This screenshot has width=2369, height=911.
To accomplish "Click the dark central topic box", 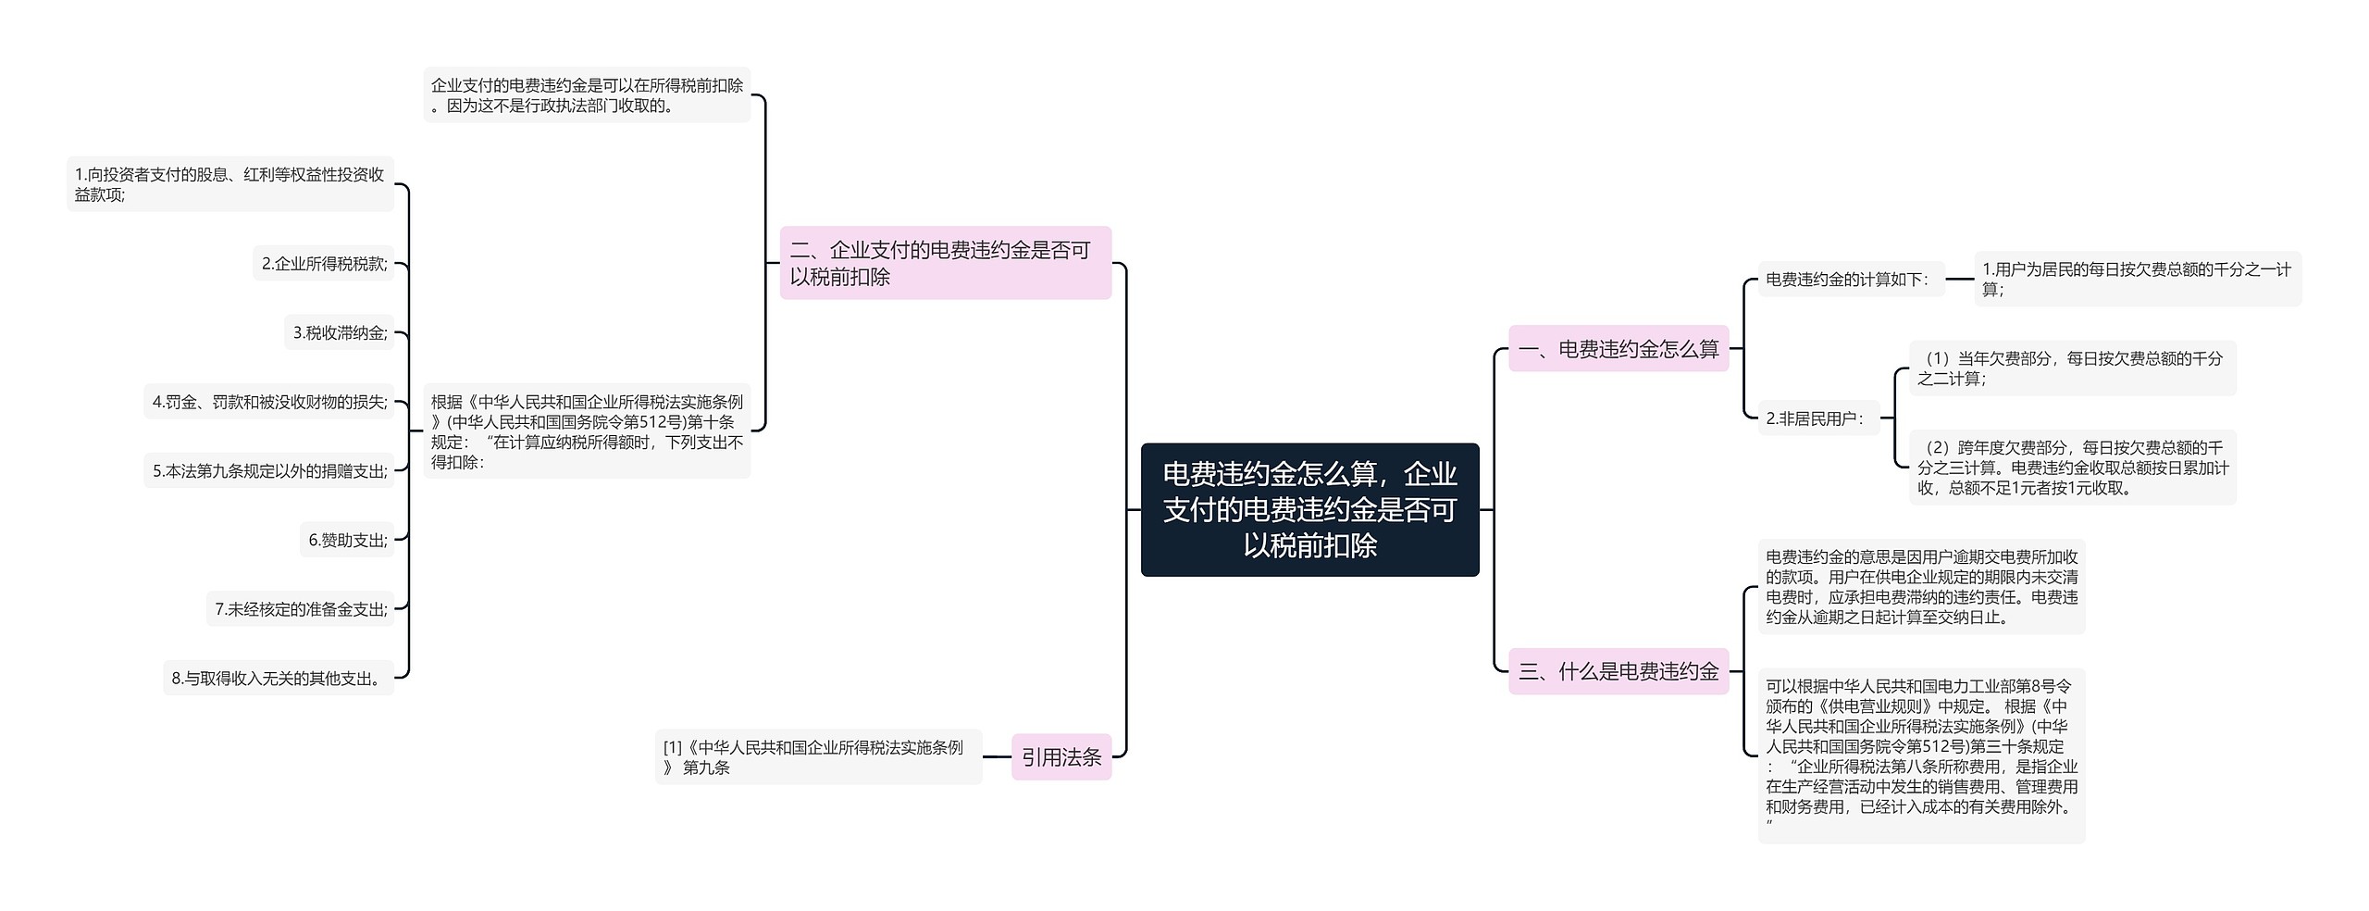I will (x=1309, y=509).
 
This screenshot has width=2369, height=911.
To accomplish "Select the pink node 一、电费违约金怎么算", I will (x=1618, y=349).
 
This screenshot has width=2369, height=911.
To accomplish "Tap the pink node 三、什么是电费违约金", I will (x=1618, y=671).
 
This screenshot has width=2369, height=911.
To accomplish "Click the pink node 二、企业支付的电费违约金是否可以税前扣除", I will (x=945, y=263).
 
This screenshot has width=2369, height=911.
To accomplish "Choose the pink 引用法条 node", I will (x=1060, y=757).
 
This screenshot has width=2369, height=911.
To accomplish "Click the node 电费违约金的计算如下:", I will (x=1850, y=279).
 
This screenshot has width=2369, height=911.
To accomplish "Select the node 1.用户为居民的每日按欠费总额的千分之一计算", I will (x=2137, y=279).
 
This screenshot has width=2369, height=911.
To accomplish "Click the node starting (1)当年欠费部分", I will (x=2071, y=368).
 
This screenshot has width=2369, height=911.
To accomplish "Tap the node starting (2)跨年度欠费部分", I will (x=2071, y=468).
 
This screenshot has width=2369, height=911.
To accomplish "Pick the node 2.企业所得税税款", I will (x=324, y=264).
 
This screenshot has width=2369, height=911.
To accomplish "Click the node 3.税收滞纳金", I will (x=340, y=332).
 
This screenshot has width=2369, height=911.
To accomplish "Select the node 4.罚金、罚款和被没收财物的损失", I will (x=269, y=402).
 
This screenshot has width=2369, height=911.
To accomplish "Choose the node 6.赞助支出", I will (x=347, y=540).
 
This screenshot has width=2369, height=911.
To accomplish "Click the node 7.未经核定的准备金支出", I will (x=301, y=609).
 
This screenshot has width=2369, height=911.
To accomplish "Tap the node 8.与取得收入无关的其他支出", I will (x=279, y=679).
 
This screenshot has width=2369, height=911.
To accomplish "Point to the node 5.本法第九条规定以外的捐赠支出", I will (x=269, y=471).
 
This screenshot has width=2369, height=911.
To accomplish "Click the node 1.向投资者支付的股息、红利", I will (x=229, y=184).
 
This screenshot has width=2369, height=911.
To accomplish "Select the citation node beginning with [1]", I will (x=818, y=757).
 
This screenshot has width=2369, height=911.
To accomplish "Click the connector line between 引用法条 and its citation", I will (x=997, y=756).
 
